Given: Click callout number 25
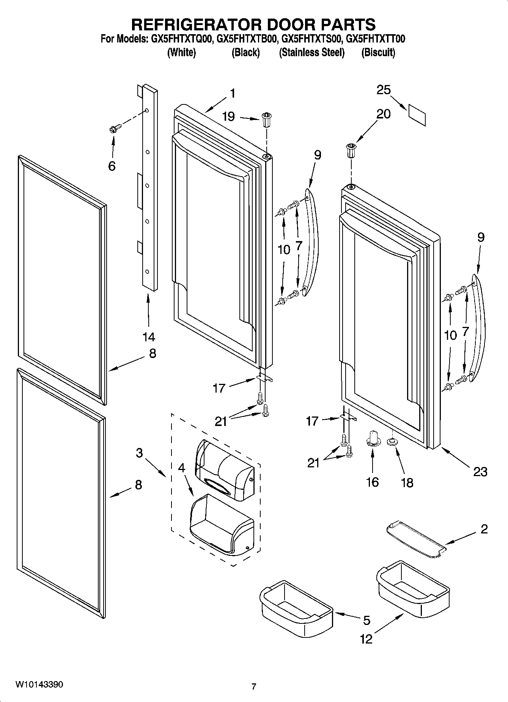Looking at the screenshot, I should tap(383, 90).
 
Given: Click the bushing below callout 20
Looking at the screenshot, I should tap(351, 151).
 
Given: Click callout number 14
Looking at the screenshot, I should tap(149, 336).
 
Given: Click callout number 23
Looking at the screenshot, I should tap(480, 472).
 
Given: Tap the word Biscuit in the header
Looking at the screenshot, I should tap(378, 52).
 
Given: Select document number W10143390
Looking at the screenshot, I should tap(39, 685).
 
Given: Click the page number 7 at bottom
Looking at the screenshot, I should tap(254, 686).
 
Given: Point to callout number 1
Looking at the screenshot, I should tap(233, 93).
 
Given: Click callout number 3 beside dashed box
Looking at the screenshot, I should tap(139, 453).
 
